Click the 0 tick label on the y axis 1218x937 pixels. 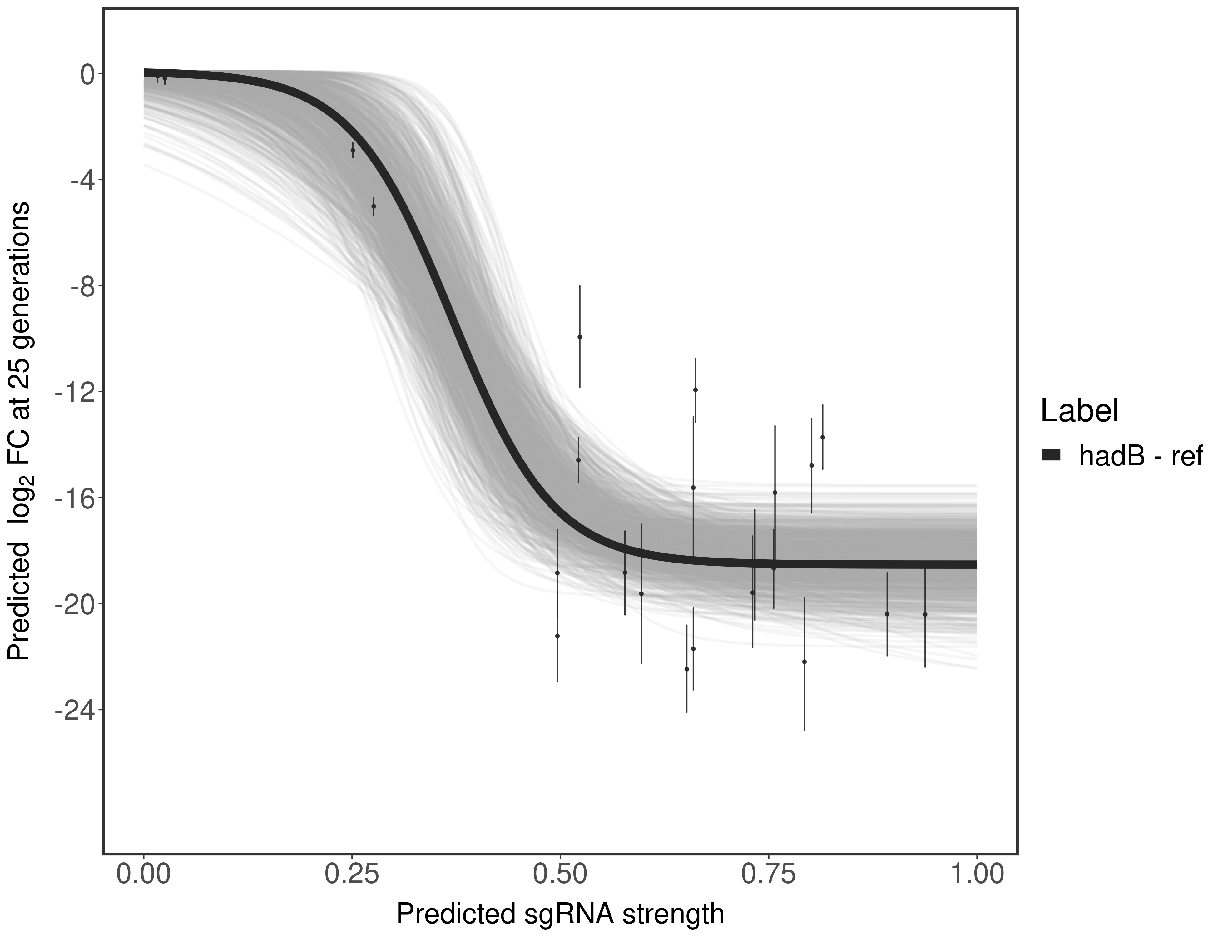click(87, 74)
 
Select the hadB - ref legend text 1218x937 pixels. click(1141, 456)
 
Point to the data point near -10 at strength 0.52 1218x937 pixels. click(579, 337)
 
